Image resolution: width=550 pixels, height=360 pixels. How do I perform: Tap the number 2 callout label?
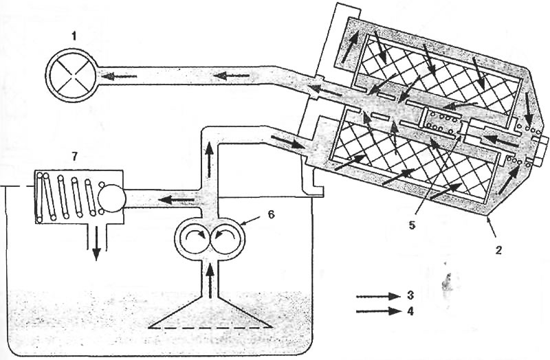coord(499,249)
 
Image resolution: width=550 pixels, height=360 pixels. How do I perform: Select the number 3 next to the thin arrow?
coord(410,295)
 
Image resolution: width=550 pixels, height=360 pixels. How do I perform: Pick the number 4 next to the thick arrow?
coord(410,311)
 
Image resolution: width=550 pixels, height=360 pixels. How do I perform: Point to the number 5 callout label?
coord(412,225)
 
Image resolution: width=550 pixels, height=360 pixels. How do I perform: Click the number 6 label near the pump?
coord(271,214)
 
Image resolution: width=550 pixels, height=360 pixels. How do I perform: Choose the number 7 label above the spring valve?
coord(74,157)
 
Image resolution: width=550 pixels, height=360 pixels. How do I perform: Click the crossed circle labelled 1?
coord(71,76)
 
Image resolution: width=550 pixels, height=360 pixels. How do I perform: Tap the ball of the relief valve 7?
coord(111,199)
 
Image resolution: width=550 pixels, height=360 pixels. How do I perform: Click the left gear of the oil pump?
coord(194,237)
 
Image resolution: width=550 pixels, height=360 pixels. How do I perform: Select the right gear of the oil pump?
coord(226,237)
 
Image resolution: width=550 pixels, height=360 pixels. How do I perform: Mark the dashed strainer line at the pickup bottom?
coord(210,328)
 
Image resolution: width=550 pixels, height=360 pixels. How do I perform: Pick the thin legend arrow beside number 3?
coord(378,296)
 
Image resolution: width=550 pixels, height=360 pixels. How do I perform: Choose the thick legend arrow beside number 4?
coord(378,311)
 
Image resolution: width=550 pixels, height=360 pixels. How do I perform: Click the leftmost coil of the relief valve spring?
coord(38,198)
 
